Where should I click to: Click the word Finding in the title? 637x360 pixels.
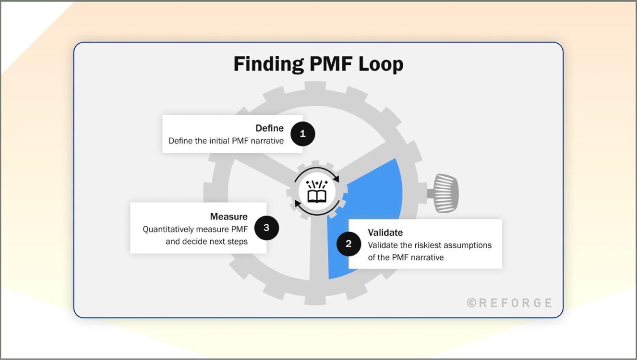[268, 64]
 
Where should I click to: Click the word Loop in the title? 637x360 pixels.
[381, 64]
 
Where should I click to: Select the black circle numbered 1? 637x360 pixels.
[302, 134]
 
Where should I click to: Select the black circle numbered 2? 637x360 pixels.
[348, 244]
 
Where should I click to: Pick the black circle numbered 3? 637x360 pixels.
[266, 228]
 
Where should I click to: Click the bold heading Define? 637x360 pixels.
[269, 128]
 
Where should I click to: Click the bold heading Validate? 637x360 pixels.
[385, 233]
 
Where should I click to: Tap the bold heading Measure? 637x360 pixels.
[228, 217]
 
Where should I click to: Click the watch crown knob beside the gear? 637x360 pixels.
[445, 193]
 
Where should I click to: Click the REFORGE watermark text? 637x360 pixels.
[515, 303]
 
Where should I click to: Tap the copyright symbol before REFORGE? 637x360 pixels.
[471, 303]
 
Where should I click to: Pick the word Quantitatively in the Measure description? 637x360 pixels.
[168, 229]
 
